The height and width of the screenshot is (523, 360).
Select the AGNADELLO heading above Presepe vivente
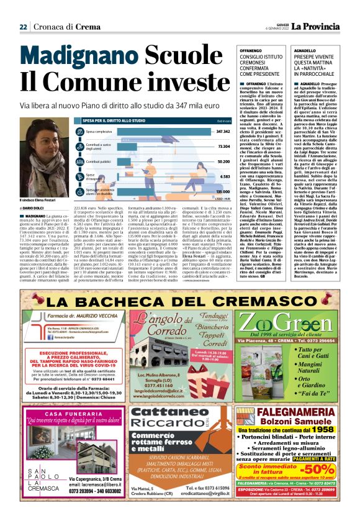click(x=314, y=49)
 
